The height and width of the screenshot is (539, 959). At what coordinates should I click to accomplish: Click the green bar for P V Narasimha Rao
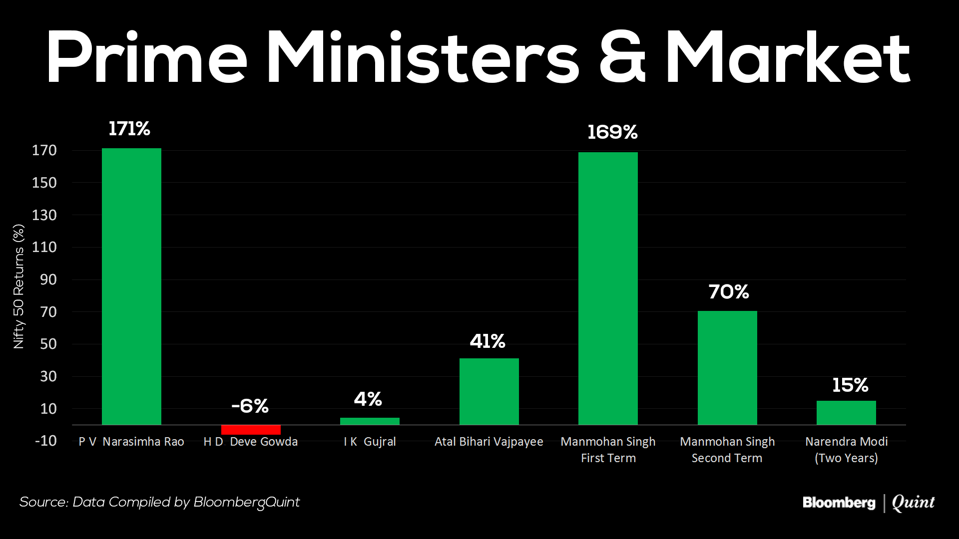[131, 286]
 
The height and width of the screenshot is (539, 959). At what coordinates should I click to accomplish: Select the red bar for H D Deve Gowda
[251, 430]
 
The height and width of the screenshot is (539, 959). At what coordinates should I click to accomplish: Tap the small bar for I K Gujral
[370, 421]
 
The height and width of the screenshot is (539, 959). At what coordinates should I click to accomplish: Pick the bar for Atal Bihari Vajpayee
[489, 391]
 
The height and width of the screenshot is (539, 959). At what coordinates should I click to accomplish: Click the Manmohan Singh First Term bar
[608, 288]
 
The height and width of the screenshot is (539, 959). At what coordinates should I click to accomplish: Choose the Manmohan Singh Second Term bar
[727, 368]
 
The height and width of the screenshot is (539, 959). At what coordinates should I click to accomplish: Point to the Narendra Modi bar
[846, 413]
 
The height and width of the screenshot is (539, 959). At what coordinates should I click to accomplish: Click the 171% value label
[129, 129]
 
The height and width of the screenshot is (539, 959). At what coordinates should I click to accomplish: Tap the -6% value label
[250, 406]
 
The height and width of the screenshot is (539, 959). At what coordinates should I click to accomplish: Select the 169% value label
[612, 132]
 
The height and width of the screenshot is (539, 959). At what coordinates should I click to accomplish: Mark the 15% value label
[850, 385]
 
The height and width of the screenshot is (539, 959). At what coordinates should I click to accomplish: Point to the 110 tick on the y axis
[44, 247]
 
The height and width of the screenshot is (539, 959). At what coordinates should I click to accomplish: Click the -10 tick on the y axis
[45, 441]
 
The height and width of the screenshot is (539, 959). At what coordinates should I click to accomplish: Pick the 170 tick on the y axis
[44, 150]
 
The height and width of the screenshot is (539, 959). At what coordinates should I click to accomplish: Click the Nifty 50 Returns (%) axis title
[18, 286]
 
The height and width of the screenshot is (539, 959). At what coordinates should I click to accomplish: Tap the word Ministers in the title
[423, 57]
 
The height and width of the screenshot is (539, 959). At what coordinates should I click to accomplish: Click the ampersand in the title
[622, 57]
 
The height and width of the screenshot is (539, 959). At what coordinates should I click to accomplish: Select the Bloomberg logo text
[839, 503]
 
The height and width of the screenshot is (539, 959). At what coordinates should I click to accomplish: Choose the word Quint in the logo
[913, 503]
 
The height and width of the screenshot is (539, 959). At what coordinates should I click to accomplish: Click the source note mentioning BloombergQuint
[159, 502]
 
